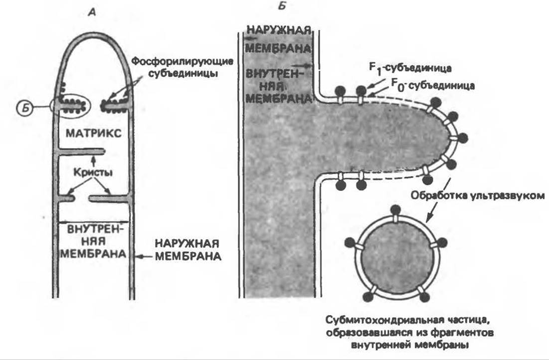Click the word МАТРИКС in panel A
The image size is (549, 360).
point(93,134)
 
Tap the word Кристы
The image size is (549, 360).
point(93,173)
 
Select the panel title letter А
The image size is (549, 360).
point(92,12)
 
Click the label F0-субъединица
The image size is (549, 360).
point(433,85)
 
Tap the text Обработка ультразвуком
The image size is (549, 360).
point(477,195)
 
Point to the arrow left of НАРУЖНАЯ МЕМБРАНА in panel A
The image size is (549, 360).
point(145,256)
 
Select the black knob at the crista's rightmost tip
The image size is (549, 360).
point(462,138)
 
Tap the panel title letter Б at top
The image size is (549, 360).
point(282,6)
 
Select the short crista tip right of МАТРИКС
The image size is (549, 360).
point(102,151)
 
